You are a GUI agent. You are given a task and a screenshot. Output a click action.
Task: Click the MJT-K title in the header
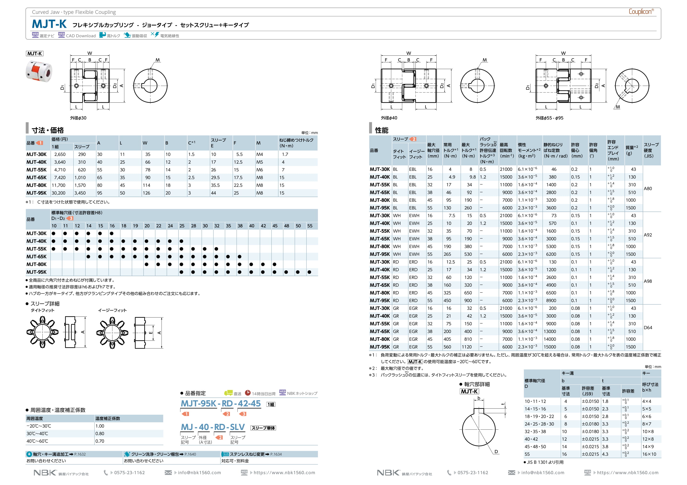coord(49,24)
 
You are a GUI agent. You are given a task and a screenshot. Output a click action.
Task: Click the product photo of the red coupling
coord(39,71)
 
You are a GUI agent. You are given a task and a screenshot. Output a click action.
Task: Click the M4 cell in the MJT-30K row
coord(260,154)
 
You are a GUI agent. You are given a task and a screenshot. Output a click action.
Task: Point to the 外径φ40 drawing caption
coord(389,118)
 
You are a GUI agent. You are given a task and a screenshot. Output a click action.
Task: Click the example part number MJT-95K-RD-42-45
coord(220,404)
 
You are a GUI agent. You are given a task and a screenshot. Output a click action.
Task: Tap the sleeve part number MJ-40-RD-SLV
coord(213,427)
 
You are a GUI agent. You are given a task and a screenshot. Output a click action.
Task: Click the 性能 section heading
coord(381,130)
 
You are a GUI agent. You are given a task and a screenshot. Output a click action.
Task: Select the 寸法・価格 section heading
coord(48,130)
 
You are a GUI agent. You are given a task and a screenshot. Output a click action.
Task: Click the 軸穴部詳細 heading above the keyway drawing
coord(477,384)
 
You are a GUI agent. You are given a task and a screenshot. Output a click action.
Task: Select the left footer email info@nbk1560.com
coord(199,473)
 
